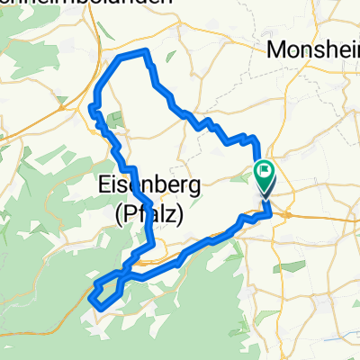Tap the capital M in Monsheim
click(x=279, y=51)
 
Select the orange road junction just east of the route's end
click(x=278, y=214)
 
